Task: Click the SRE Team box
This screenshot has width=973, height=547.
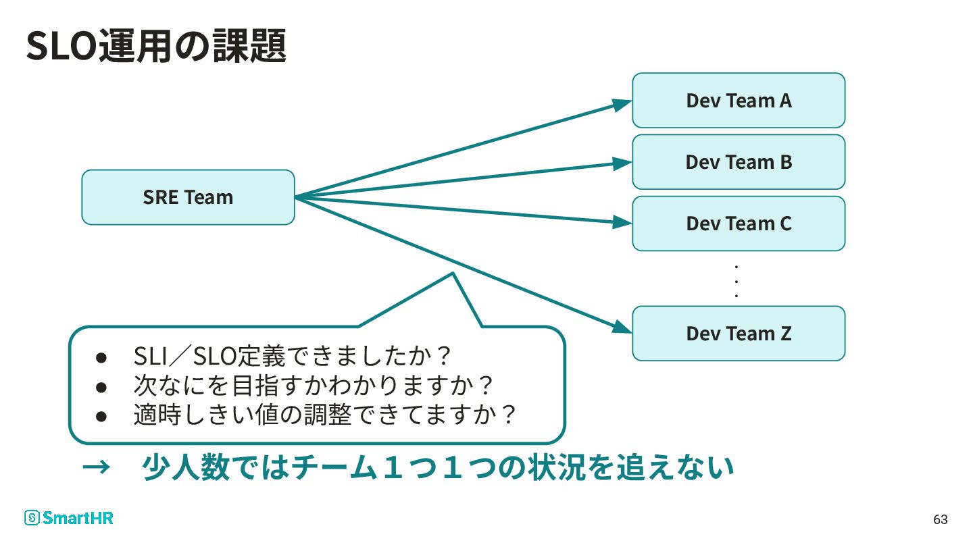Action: pyautogui.click(x=188, y=197)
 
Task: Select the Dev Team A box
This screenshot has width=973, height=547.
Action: pyautogui.click(x=739, y=101)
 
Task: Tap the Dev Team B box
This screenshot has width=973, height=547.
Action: pyautogui.click(x=739, y=162)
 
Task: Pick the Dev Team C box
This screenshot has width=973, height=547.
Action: pyautogui.click(x=739, y=224)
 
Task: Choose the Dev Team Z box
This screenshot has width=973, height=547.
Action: pyautogui.click(x=739, y=334)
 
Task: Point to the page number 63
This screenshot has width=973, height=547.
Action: pyautogui.click(x=941, y=520)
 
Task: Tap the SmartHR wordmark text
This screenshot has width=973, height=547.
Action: pyautogui.click(x=78, y=518)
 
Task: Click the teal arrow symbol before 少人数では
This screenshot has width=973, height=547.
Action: pyautogui.click(x=96, y=467)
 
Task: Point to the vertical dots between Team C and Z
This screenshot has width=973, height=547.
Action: pyautogui.click(x=737, y=281)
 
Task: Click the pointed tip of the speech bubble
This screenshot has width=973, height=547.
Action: pyautogui.click(x=451, y=273)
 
